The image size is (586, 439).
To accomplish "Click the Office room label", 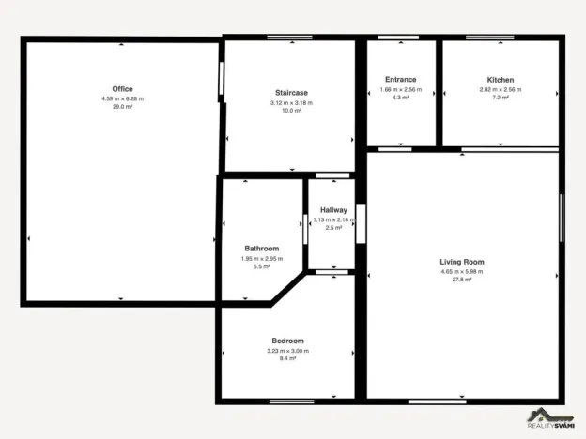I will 122,89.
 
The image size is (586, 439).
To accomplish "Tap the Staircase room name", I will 291,93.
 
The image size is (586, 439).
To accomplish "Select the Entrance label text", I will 401,80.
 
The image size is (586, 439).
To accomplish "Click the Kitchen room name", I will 500,80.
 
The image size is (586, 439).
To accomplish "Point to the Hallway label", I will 333,210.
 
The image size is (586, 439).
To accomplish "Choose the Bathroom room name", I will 262,249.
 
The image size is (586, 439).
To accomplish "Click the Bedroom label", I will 287,341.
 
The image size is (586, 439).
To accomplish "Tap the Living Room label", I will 462,262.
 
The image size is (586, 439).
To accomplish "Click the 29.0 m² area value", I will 122,107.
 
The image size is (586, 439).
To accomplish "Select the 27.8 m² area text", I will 462,280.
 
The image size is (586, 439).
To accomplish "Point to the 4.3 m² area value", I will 401,98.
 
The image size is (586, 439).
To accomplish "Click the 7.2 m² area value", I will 500,98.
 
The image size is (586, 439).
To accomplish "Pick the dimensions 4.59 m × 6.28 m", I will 122,98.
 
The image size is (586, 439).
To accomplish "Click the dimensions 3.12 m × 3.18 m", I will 291,102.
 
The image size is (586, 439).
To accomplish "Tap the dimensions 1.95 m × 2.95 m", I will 262,258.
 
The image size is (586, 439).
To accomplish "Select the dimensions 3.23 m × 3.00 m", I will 287,350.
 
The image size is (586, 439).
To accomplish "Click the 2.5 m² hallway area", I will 333,228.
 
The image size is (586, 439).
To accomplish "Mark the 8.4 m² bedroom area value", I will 287,358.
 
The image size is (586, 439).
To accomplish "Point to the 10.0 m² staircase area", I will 291,111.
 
